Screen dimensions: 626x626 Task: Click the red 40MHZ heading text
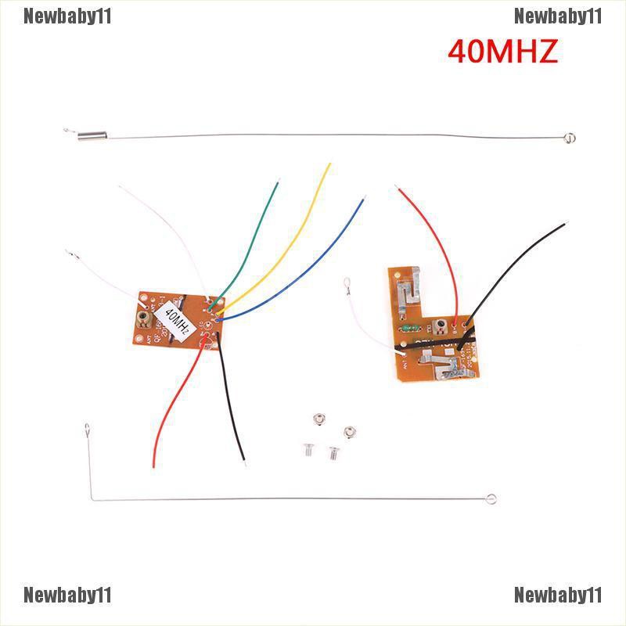502,52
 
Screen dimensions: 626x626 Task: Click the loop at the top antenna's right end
572,140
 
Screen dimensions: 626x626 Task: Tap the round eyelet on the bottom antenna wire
491,498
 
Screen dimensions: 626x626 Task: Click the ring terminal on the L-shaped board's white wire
345,294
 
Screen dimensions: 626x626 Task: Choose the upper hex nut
317,420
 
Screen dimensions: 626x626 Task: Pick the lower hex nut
350,430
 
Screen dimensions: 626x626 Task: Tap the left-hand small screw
306,449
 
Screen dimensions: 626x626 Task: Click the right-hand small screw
334,452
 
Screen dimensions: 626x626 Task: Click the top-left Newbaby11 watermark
67,16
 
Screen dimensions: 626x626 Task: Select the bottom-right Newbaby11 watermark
558,595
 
